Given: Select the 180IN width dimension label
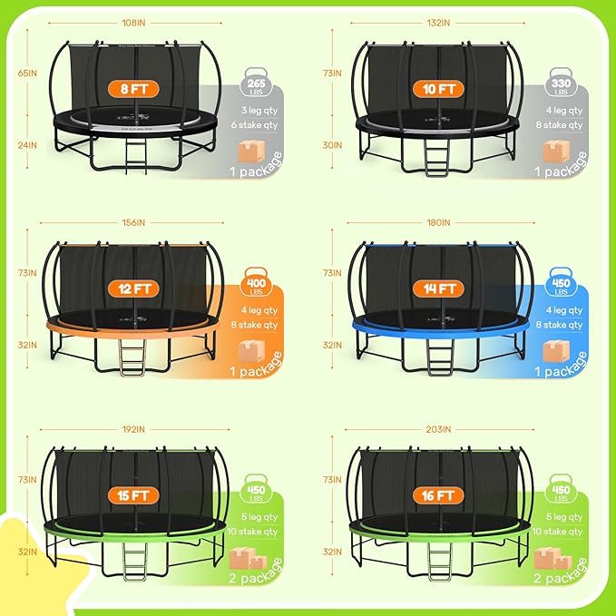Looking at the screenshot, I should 437,222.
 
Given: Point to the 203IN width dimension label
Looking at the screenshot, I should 437,429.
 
